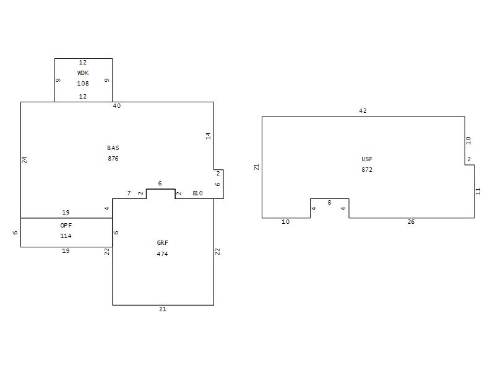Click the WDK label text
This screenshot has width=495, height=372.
[83, 73]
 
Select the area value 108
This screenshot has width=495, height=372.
[83, 84]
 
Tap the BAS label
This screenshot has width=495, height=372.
[113, 148]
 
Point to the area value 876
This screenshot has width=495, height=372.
[113, 159]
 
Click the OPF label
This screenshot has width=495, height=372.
[66, 225]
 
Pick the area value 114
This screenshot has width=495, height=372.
[66, 236]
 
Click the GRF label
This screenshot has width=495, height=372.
[163, 242]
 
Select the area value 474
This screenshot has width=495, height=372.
[163, 254]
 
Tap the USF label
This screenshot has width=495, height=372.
[367, 159]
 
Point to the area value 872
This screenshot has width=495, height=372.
[367, 169]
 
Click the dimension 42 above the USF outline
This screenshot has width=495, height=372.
[363, 111]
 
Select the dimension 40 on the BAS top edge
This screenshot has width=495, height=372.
[117, 106]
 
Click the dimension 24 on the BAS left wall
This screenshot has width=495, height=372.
[25, 160]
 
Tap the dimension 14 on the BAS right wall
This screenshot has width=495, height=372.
[208, 136]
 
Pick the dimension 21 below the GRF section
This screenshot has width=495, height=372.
[163, 309]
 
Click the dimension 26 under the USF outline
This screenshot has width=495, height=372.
[411, 222]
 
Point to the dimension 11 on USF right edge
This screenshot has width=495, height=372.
[478, 191]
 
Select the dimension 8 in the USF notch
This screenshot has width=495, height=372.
[330, 203]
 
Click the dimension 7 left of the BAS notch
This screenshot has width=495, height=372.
[129, 193]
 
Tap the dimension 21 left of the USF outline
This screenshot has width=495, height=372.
[256, 167]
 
